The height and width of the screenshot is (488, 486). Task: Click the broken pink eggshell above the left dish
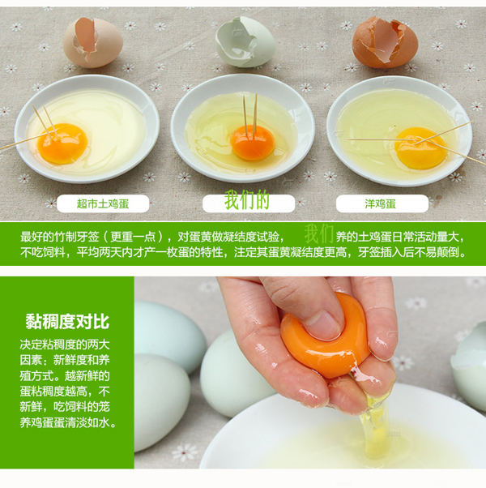coord(92,42)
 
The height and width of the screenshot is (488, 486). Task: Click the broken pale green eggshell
coord(245,42)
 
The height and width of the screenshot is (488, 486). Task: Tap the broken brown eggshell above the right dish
coord(385,42)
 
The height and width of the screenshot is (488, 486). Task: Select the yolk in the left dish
coord(62,143)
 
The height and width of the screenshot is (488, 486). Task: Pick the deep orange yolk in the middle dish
coord(253,142)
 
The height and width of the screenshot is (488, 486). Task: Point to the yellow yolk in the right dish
coord(420,148)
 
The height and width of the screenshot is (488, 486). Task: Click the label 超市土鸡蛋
coord(103,204)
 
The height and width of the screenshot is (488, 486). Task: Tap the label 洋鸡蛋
coord(380,204)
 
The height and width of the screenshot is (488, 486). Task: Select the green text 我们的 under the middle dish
coord(247,199)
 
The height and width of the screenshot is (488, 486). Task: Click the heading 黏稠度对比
coord(67,322)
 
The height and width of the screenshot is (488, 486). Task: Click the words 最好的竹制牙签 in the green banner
coord(60,238)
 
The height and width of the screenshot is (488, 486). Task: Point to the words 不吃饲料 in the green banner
coord(43,252)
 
